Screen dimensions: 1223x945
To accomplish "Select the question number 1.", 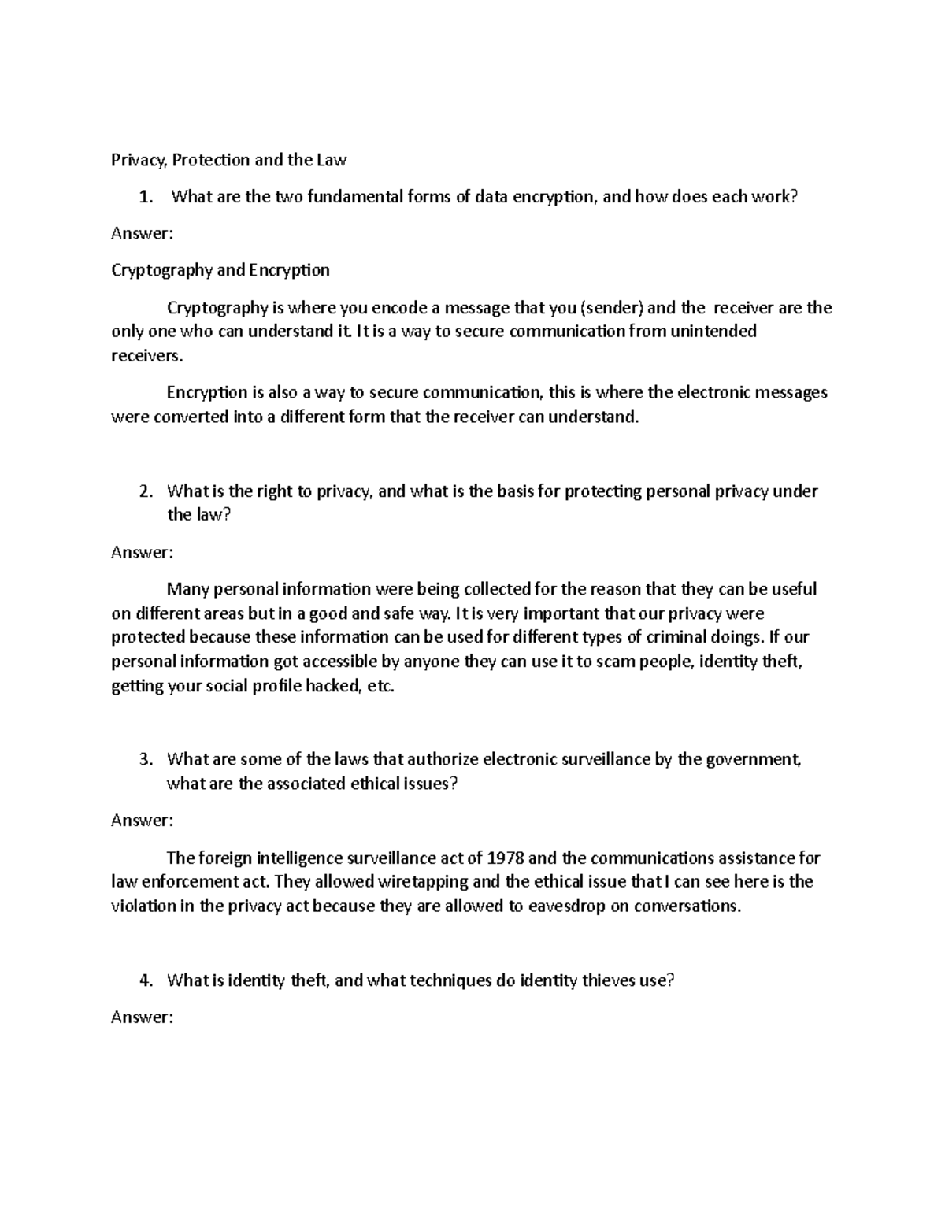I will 144,198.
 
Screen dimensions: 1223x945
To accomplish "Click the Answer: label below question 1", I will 142,233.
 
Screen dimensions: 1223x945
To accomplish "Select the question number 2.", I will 144,492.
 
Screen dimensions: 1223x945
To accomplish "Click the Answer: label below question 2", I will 142,553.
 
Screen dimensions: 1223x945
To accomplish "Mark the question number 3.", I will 144,760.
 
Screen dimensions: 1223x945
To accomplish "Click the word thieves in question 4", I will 608,981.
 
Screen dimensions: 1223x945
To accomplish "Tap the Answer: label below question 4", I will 142,1017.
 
